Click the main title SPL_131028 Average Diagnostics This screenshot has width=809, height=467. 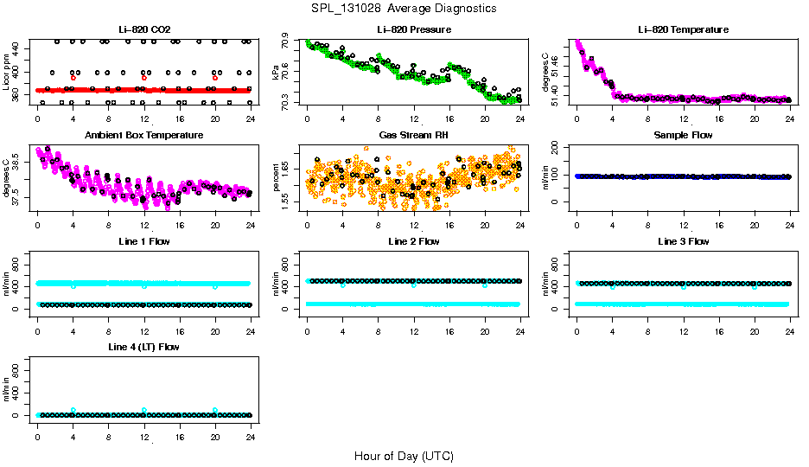point(404,8)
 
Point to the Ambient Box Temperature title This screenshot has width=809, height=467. point(143,136)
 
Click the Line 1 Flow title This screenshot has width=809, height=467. point(143,241)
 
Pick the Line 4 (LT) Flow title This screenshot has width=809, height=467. point(143,348)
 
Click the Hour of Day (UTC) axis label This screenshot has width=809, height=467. point(404,456)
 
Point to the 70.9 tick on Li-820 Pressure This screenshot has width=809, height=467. point(286,42)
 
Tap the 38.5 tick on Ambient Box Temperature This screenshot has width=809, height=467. point(17,160)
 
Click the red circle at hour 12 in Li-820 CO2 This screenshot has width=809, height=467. point(144,78)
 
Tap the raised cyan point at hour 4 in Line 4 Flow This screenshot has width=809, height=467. point(73,410)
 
